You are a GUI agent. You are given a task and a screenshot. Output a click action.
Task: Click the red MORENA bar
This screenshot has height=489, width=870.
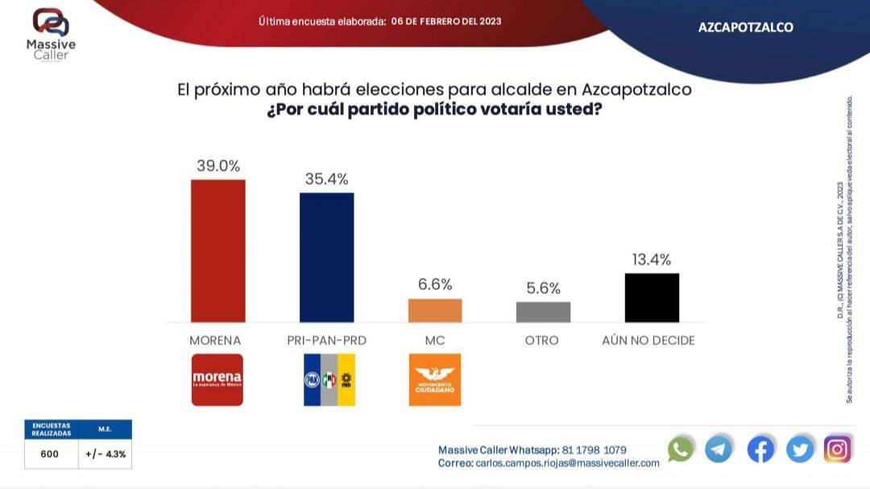pos(217,251)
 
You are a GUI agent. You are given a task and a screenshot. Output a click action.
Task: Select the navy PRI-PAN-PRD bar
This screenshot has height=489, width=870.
pos(326,257)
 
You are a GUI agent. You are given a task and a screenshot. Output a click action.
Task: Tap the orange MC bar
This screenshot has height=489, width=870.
pos(435,310)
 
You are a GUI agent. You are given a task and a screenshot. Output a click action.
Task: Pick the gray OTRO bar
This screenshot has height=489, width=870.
pos(543,312)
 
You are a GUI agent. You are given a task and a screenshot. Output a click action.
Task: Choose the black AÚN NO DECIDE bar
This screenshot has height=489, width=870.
pos(652,297)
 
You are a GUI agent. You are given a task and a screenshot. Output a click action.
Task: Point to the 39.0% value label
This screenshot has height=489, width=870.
pos(218,166)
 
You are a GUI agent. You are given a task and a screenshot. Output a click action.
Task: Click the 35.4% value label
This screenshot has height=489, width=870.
pos(326,179)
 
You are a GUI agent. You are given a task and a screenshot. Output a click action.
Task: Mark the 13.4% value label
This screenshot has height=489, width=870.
pos(652,259)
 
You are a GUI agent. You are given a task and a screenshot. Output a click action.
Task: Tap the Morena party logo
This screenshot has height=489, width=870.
pos(217,379)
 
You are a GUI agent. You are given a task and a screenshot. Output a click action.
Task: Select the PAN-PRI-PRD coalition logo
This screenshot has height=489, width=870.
pos(329,379)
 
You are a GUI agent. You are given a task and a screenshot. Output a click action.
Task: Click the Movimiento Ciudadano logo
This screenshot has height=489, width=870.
pos(435,379)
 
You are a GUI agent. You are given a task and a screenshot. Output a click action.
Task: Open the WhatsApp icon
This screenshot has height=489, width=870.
pos(681,449)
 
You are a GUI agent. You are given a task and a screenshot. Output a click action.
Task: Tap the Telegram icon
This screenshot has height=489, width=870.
pos(719,449)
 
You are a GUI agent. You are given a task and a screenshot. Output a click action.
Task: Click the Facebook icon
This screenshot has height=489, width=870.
pos(760,449)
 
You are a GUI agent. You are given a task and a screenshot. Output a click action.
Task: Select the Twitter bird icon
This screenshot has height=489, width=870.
pos(800,449)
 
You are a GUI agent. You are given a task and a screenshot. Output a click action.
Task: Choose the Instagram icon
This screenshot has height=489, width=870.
pos(838,449)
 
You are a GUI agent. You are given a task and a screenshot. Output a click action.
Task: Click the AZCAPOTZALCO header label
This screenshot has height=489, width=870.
pos(745,27)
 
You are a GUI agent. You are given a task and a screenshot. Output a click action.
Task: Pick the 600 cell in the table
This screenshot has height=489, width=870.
pos(50,454)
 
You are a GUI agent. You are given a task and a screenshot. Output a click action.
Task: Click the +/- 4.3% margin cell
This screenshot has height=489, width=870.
pos(106,454)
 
